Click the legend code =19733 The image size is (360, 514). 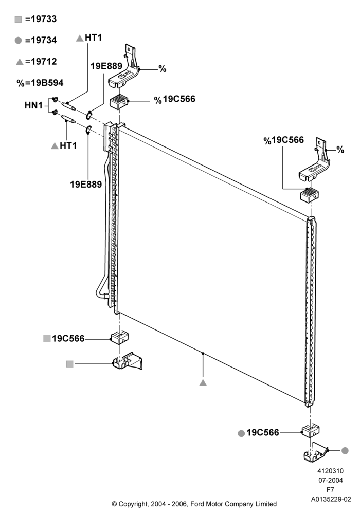click(x=41, y=19)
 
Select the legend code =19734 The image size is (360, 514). click(x=41, y=40)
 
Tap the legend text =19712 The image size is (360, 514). click(x=41, y=62)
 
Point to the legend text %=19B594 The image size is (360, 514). click(x=40, y=83)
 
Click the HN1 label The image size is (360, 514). click(x=33, y=105)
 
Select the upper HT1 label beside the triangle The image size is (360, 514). click(x=94, y=38)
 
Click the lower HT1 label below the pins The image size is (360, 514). click(x=68, y=145)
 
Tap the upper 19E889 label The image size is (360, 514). click(x=106, y=66)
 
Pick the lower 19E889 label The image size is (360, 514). click(x=86, y=184)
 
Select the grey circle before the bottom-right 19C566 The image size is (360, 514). click(x=241, y=433)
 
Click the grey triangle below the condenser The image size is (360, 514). click(x=203, y=382)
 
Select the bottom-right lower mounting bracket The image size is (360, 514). click(x=316, y=452)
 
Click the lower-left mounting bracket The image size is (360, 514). click(x=128, y=361)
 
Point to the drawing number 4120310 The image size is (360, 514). click(x=330, y=471)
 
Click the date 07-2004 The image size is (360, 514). click(x=331, y=481)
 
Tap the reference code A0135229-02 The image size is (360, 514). click(x=331, y=500)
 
